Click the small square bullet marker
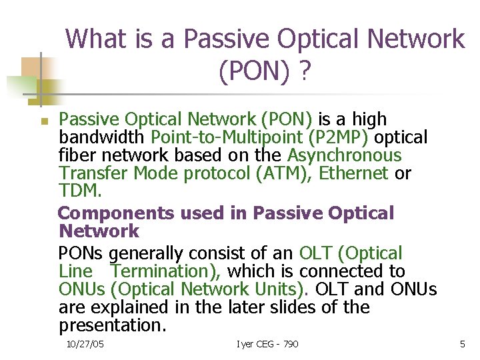pos(41,122)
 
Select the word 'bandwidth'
pos(103,137)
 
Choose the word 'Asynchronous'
pos(344,155)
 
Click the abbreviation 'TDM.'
pos(80,191)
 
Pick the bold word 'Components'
pos(116,213)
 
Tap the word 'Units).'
pos(283,289)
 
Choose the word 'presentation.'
pos(112,325)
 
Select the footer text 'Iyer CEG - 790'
pos(267,344)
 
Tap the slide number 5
pos(462,344)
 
